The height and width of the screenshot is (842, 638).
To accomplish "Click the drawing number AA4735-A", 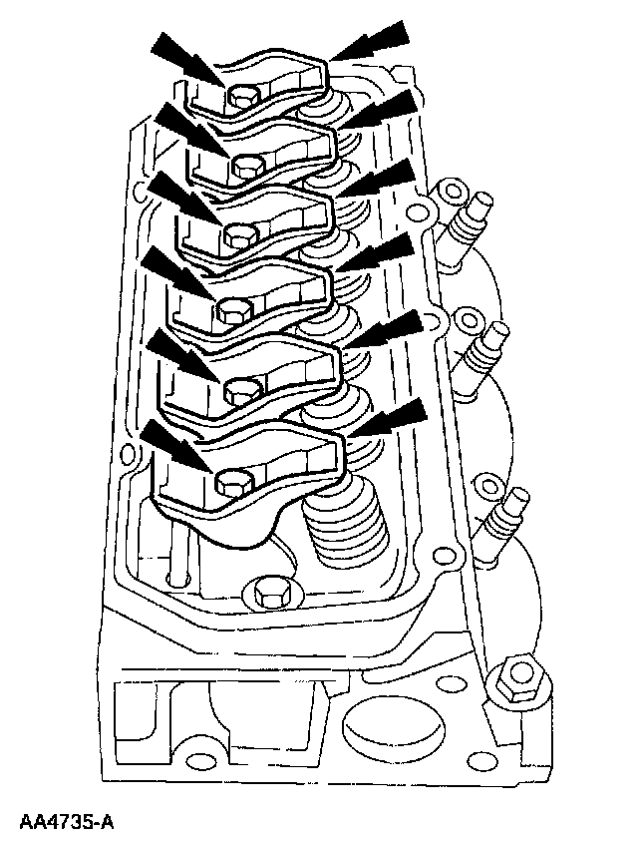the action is click(x=67, y=822).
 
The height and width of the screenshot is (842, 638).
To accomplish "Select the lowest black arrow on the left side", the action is click(x=171, y=442).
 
